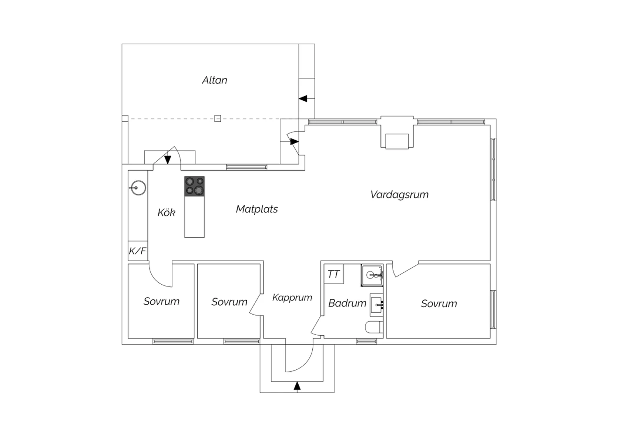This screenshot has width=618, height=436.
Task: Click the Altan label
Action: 215,80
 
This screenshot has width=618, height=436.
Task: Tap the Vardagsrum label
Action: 399,195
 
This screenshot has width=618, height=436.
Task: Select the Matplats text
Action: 257,209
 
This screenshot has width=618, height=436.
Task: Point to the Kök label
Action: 166,212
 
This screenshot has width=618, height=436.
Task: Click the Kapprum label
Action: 292,297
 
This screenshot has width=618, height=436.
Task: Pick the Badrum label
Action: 347,303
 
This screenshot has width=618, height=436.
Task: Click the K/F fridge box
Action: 138,250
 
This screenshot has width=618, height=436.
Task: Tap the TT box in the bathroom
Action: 334,274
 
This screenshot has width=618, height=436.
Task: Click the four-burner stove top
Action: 194,186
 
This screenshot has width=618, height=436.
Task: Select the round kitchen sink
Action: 138,188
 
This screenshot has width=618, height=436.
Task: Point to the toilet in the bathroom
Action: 375,327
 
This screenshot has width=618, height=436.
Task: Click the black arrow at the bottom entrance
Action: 297,386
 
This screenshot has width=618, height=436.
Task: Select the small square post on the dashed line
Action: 218,118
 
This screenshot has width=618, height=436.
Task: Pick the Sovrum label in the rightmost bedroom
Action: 439,304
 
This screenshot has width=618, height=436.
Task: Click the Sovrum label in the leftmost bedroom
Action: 162,301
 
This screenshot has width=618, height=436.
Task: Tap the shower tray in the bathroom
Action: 372,276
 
